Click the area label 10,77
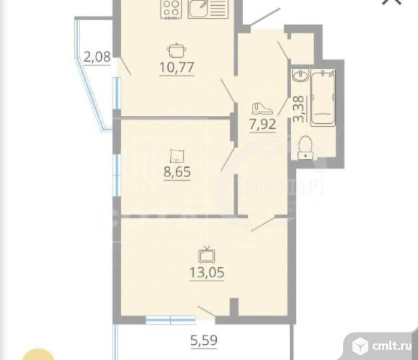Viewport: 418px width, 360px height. (x=177, y=68)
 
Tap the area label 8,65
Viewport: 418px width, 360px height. (x=177, y=174)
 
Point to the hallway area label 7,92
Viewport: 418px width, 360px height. (x=262, y=124)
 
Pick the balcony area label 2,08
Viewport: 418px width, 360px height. (x=97, y=56)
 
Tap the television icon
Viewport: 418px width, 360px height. (x=207, y=253)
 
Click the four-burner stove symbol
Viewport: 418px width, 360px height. (x=170, y=9)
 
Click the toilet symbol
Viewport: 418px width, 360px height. (x=304, y=146)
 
